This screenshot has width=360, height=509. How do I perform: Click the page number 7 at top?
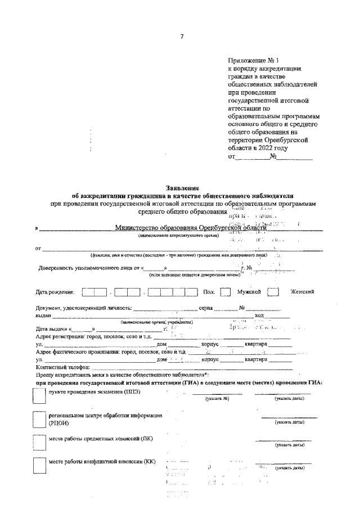point(181,37)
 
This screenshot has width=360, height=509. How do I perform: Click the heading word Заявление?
point(181,187)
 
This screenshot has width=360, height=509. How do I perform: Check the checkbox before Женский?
point(273,292)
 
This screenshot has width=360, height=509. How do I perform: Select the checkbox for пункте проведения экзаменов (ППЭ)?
point(39,396)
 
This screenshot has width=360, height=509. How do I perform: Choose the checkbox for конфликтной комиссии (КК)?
point(39,466)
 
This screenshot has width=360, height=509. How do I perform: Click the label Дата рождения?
point(55,292)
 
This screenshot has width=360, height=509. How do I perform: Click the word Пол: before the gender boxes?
point(208,292)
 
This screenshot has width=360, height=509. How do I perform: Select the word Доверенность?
point(60,268)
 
